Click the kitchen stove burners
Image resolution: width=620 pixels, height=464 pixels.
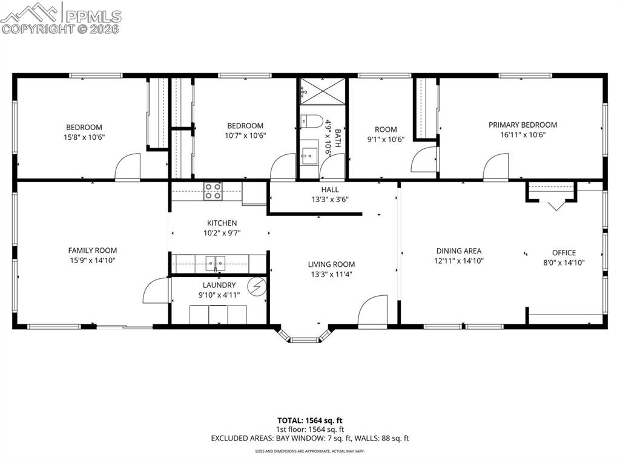tap(213, 191)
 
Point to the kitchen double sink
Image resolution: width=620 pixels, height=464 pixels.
tap(215, 263)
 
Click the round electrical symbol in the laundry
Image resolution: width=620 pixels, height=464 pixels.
tap(259, 286)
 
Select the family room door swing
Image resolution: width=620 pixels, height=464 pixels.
tap(156, 291)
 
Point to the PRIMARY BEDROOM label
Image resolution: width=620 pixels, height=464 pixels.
tap(523, 125)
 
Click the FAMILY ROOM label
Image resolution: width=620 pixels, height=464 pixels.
tap(92, 250)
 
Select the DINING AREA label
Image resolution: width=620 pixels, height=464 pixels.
tap(459, 251)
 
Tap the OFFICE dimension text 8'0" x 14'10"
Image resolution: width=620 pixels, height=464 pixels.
tap(564, 262)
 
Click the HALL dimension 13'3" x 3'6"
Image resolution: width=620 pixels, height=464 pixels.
tap(330, 199)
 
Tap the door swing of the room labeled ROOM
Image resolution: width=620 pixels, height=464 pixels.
tap(424, 160)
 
